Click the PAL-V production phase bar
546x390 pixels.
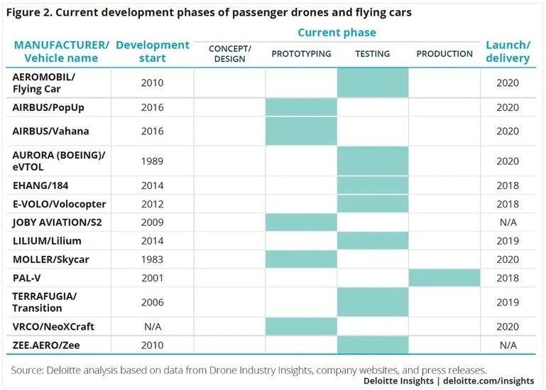(x=444, y=278)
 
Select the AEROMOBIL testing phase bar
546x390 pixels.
(x=373, y=82)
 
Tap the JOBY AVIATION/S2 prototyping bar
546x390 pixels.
(x=301, y=222)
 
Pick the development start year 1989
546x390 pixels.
(x=152, y=161)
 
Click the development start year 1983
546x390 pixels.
(x=152, y=259)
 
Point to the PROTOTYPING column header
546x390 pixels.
(x=301, y=54)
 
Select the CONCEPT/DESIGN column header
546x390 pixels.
(x=230, y=54)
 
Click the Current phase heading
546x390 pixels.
(x=337, y=33)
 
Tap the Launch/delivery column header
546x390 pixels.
(x=508, y=52)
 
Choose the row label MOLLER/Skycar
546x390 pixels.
(x=51, y=259)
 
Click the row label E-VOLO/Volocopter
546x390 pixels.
(x=59, y=204)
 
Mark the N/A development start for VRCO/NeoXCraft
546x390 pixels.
(x=153, y=327)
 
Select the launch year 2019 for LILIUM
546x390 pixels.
(x=508, y=241)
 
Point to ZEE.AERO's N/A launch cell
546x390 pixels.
(x=508, y=345)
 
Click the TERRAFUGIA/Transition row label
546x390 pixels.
(x=45, y=302)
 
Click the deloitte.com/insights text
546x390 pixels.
(x=488, y=381)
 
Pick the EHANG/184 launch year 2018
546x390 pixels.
(x=508, y=185)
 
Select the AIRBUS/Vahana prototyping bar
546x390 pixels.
(x=301, y=131)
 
